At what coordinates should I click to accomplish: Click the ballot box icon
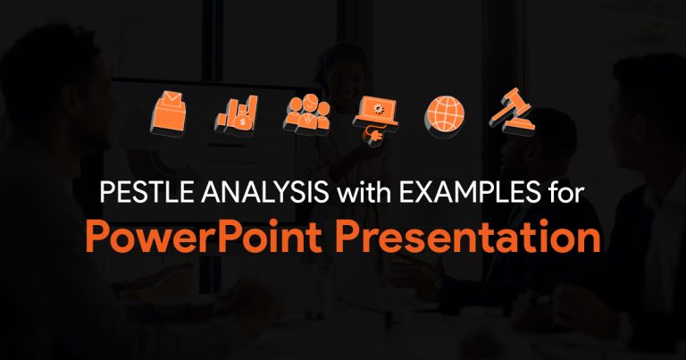169,113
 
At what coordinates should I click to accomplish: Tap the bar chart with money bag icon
236,116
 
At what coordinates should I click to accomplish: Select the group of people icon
306,115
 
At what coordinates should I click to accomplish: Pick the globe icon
444,116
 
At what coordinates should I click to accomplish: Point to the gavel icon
512,112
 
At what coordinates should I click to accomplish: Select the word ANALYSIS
265,191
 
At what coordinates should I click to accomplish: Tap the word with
365,191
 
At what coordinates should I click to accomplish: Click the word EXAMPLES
470,191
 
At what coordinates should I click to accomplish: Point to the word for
565,191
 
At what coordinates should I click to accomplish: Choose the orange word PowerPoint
204,236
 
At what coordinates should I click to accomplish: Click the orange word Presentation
468,236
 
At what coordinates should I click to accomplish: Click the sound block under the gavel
518,126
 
